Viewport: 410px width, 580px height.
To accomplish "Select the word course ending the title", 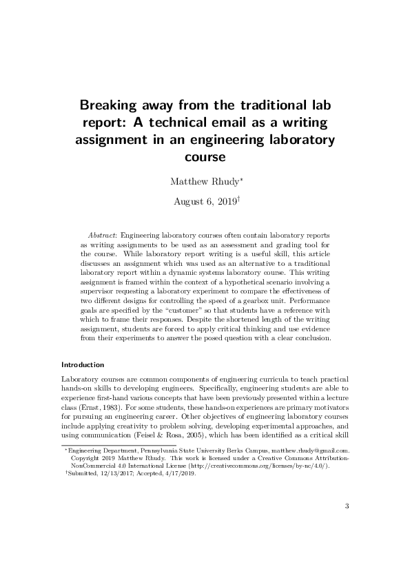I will (x=205, y=157).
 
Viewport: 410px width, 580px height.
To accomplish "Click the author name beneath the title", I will (x=203, y=183).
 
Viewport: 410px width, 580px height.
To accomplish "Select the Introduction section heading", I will (x=83, y=364).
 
